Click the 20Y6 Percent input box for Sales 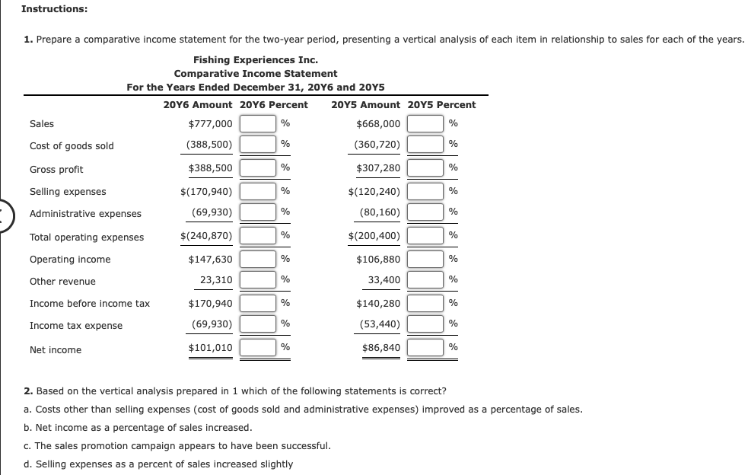pyautogui.click(x=258, y=124)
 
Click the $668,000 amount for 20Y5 pyautogui.click(x=378, y=124)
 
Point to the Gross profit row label pyautogui.click(x=56, y=169)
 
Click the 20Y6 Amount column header pyautogui.click(x=198, y=105)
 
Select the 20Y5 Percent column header pyautogui.click(x=442, y=105)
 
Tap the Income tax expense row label pyautogui.click(x=75, y=326)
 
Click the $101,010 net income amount pyautogui.click(x=210, y=349)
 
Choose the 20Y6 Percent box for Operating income pyautogui.click(x=258, y=260)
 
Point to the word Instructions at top pyautogui.click(x=54, y=9)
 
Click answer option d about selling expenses pyautogui.click(x=158, y=464)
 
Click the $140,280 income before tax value pyautogui.click(x=378, y=303)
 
